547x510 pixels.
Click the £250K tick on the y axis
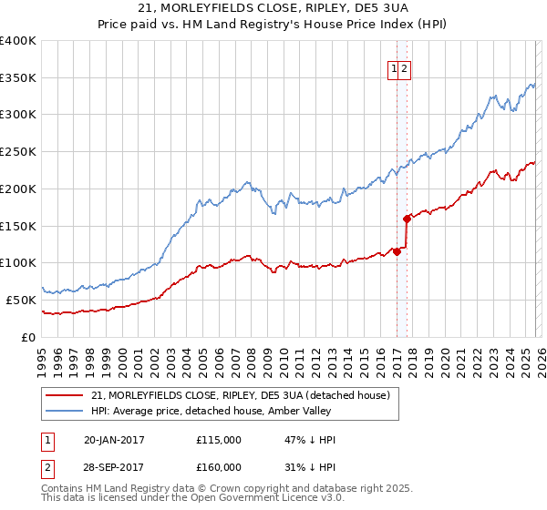18,152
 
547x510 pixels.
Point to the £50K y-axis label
21,300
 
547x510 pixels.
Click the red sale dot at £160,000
407,219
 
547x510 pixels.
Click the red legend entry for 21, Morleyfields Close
241,395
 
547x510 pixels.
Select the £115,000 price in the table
219,440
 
